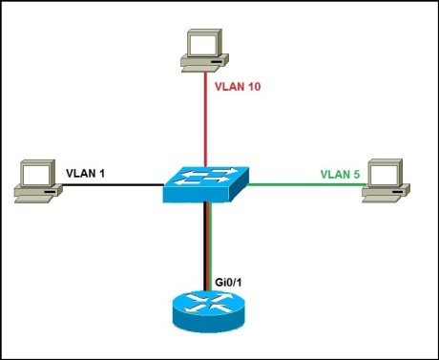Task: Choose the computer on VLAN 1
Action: coord(36,180)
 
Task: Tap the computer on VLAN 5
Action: coord(381,180)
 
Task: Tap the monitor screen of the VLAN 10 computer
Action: coord(203,44)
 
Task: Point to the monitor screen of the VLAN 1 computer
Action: coord(37,174)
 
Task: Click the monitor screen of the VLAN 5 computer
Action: coord(382,174)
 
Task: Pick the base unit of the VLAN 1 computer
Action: coord(34,194)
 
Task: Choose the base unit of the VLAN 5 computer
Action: coord(382,194)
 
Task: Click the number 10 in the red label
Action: coord(253,87)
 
